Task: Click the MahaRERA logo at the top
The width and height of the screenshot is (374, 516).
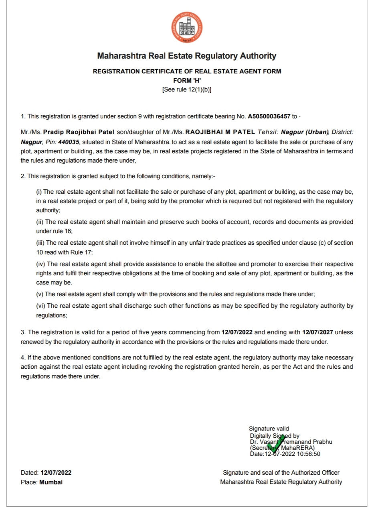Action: click(x=187, y=28)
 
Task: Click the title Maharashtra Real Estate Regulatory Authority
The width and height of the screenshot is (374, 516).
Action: click(x=187, y=56)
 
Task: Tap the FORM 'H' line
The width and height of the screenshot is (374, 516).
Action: click(x=187, y=81)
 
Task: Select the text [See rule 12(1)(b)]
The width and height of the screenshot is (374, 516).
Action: click(x=187, y=89)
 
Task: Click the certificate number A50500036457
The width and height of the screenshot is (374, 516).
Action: click(x=269, y=116)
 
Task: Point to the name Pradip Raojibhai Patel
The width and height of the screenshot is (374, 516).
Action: click(x=79, y=132)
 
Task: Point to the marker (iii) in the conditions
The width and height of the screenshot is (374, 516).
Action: click(x=40, y=243)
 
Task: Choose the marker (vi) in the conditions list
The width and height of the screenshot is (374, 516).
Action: click(x=40, y=306)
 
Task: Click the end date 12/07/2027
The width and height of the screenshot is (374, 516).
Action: click(x=318, y=332)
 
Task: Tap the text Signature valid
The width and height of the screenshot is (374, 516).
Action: click(x=269, y=429)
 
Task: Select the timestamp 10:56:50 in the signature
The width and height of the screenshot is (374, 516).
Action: click(x=309, y=454)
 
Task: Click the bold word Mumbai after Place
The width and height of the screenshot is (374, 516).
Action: click(x=51, y=482)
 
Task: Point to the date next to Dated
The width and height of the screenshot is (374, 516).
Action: click(x=56, y=473)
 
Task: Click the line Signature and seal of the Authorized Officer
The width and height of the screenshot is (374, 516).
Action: click(x=281, y=473)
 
